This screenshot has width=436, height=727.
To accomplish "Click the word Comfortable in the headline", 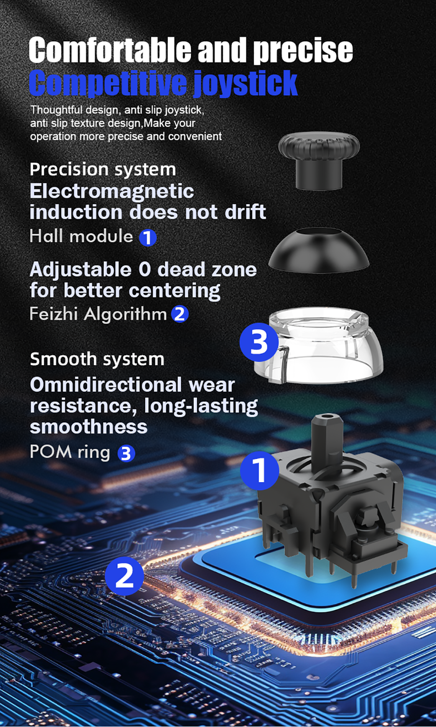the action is tap(110, 50).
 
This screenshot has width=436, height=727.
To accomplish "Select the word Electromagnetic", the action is tap(112, 191).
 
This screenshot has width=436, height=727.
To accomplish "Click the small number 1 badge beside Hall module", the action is tap(148, 238).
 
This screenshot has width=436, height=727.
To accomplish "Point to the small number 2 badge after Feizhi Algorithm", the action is tap(180, 314).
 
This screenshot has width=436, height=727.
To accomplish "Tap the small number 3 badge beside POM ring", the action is tap(126, 453).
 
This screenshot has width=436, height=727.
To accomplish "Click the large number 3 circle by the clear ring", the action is tap(259, 342).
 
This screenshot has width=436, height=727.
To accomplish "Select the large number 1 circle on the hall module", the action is tap(259, 470).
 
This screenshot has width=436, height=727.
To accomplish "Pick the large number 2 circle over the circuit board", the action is tap(124, 576).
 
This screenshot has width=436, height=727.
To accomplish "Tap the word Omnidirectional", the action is tap(106, 385).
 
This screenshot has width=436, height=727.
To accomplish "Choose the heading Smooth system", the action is tap(97, 359).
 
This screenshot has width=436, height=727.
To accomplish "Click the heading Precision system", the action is tap(102, 170).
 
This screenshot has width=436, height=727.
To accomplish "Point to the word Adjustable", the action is tap(81, 270).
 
